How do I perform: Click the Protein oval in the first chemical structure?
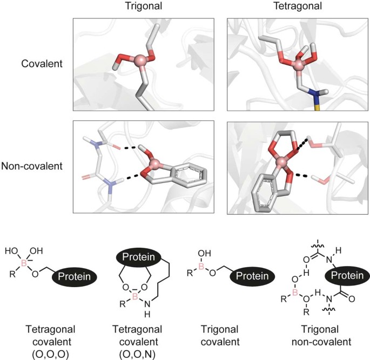pyautogui.click(x=75, y=277)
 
